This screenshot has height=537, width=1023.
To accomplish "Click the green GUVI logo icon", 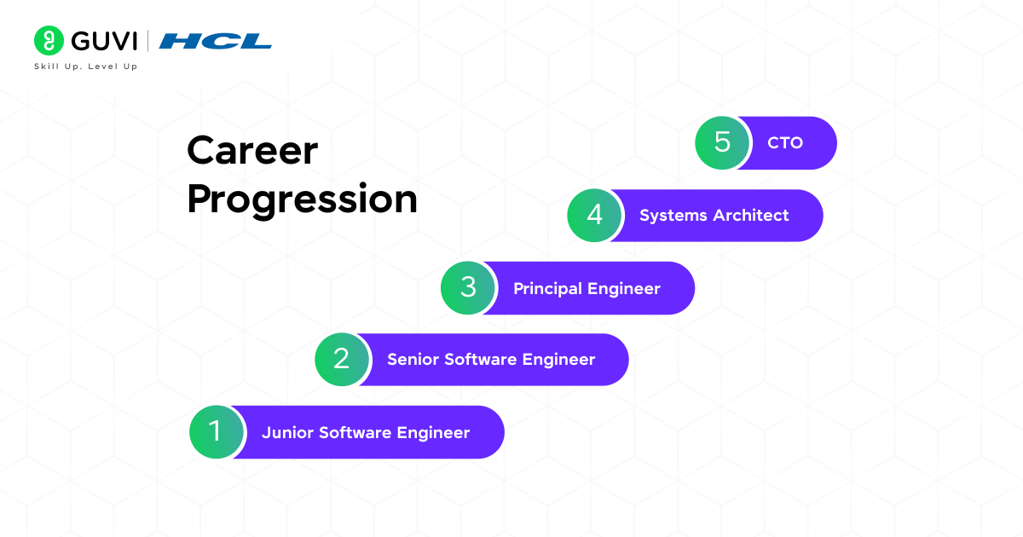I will click(x=49, y=40).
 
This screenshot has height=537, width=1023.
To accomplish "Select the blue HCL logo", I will click(x=216, y=41).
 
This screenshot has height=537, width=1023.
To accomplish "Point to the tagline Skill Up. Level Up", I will click(x=85, y=66).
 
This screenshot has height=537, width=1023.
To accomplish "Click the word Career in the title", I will click(x=252, y=152).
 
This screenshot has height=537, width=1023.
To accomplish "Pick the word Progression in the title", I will click(x=302, y=199).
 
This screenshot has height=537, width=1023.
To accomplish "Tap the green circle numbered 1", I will click(x=216, y=432).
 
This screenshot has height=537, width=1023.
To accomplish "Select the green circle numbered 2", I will click(x=342, y=360).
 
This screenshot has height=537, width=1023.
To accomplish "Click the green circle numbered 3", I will click(x=468, y=288).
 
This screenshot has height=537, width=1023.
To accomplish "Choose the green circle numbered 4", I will click(x=595, y=216).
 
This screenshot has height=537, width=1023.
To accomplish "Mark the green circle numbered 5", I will click(x=722, y=142).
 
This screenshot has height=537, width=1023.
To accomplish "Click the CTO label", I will click(x=785, y=143).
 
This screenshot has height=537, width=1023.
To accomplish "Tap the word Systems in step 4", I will click(x=673, y=216).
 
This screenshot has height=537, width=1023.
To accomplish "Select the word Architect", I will click(x=751, y=216).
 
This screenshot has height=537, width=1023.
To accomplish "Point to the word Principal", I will click(x=546, y=289).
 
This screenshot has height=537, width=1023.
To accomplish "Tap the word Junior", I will click(x=287, y=433).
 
